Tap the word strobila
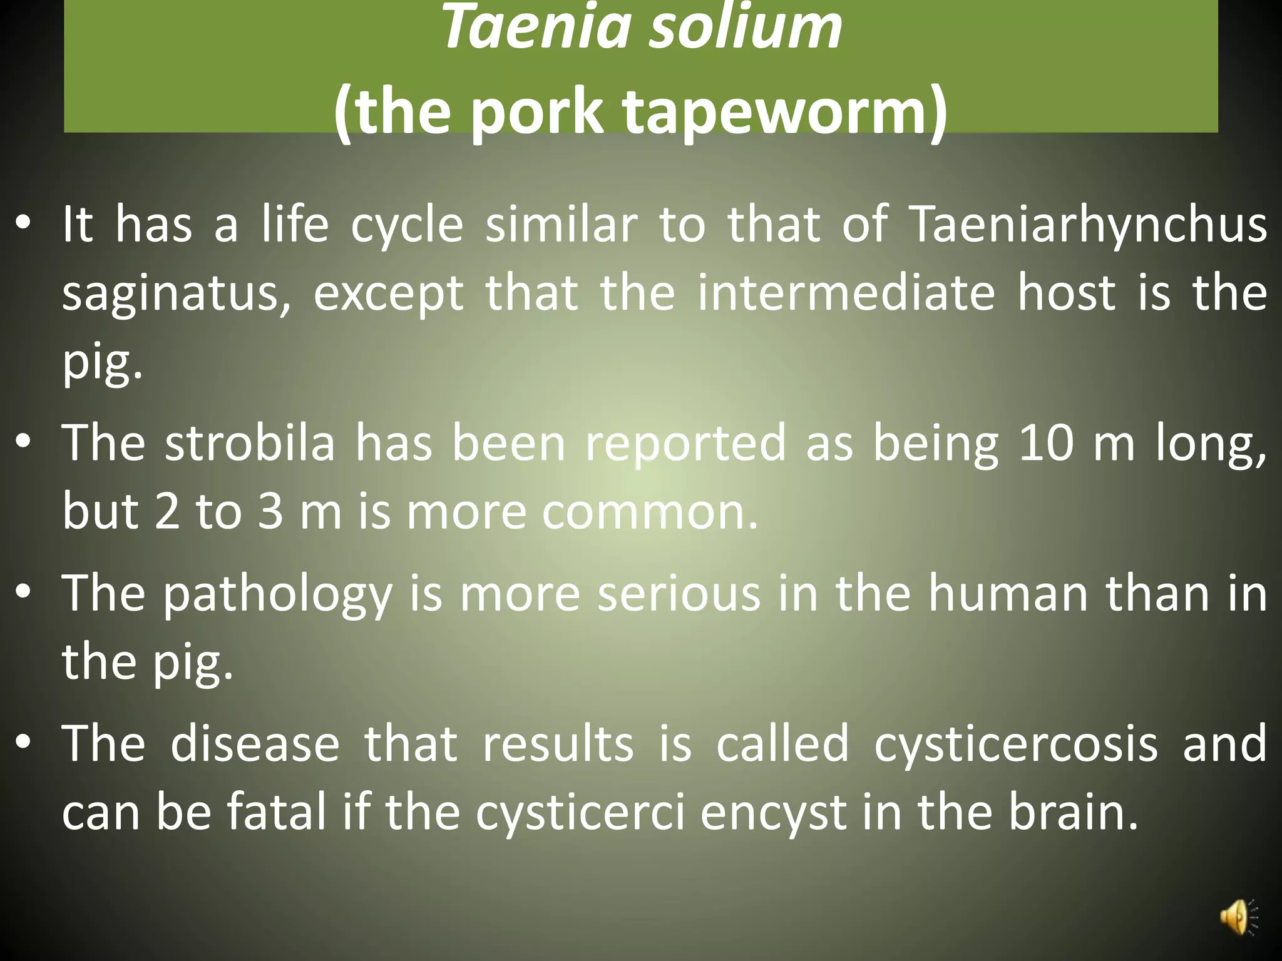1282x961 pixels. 250,442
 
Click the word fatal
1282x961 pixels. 276,811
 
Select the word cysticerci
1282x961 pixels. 580,812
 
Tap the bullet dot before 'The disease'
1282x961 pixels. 23,743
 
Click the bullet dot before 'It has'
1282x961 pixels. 23,223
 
